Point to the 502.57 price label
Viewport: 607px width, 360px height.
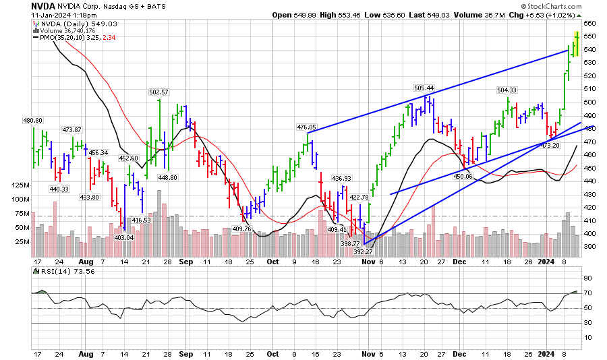pyautogui.click(x=158, y=92)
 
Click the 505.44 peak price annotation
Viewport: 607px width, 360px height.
pyautogui.click(x=424, y=88)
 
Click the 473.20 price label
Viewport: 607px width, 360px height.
pyautogui.click(x=550, y=146)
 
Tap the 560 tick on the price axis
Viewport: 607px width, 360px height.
pyautogui.click(x=588, y=23)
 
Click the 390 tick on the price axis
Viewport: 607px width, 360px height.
pyautogui.click(x=588, y=247)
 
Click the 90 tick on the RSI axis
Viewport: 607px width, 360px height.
pyautogui.click(x=587, y=278)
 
